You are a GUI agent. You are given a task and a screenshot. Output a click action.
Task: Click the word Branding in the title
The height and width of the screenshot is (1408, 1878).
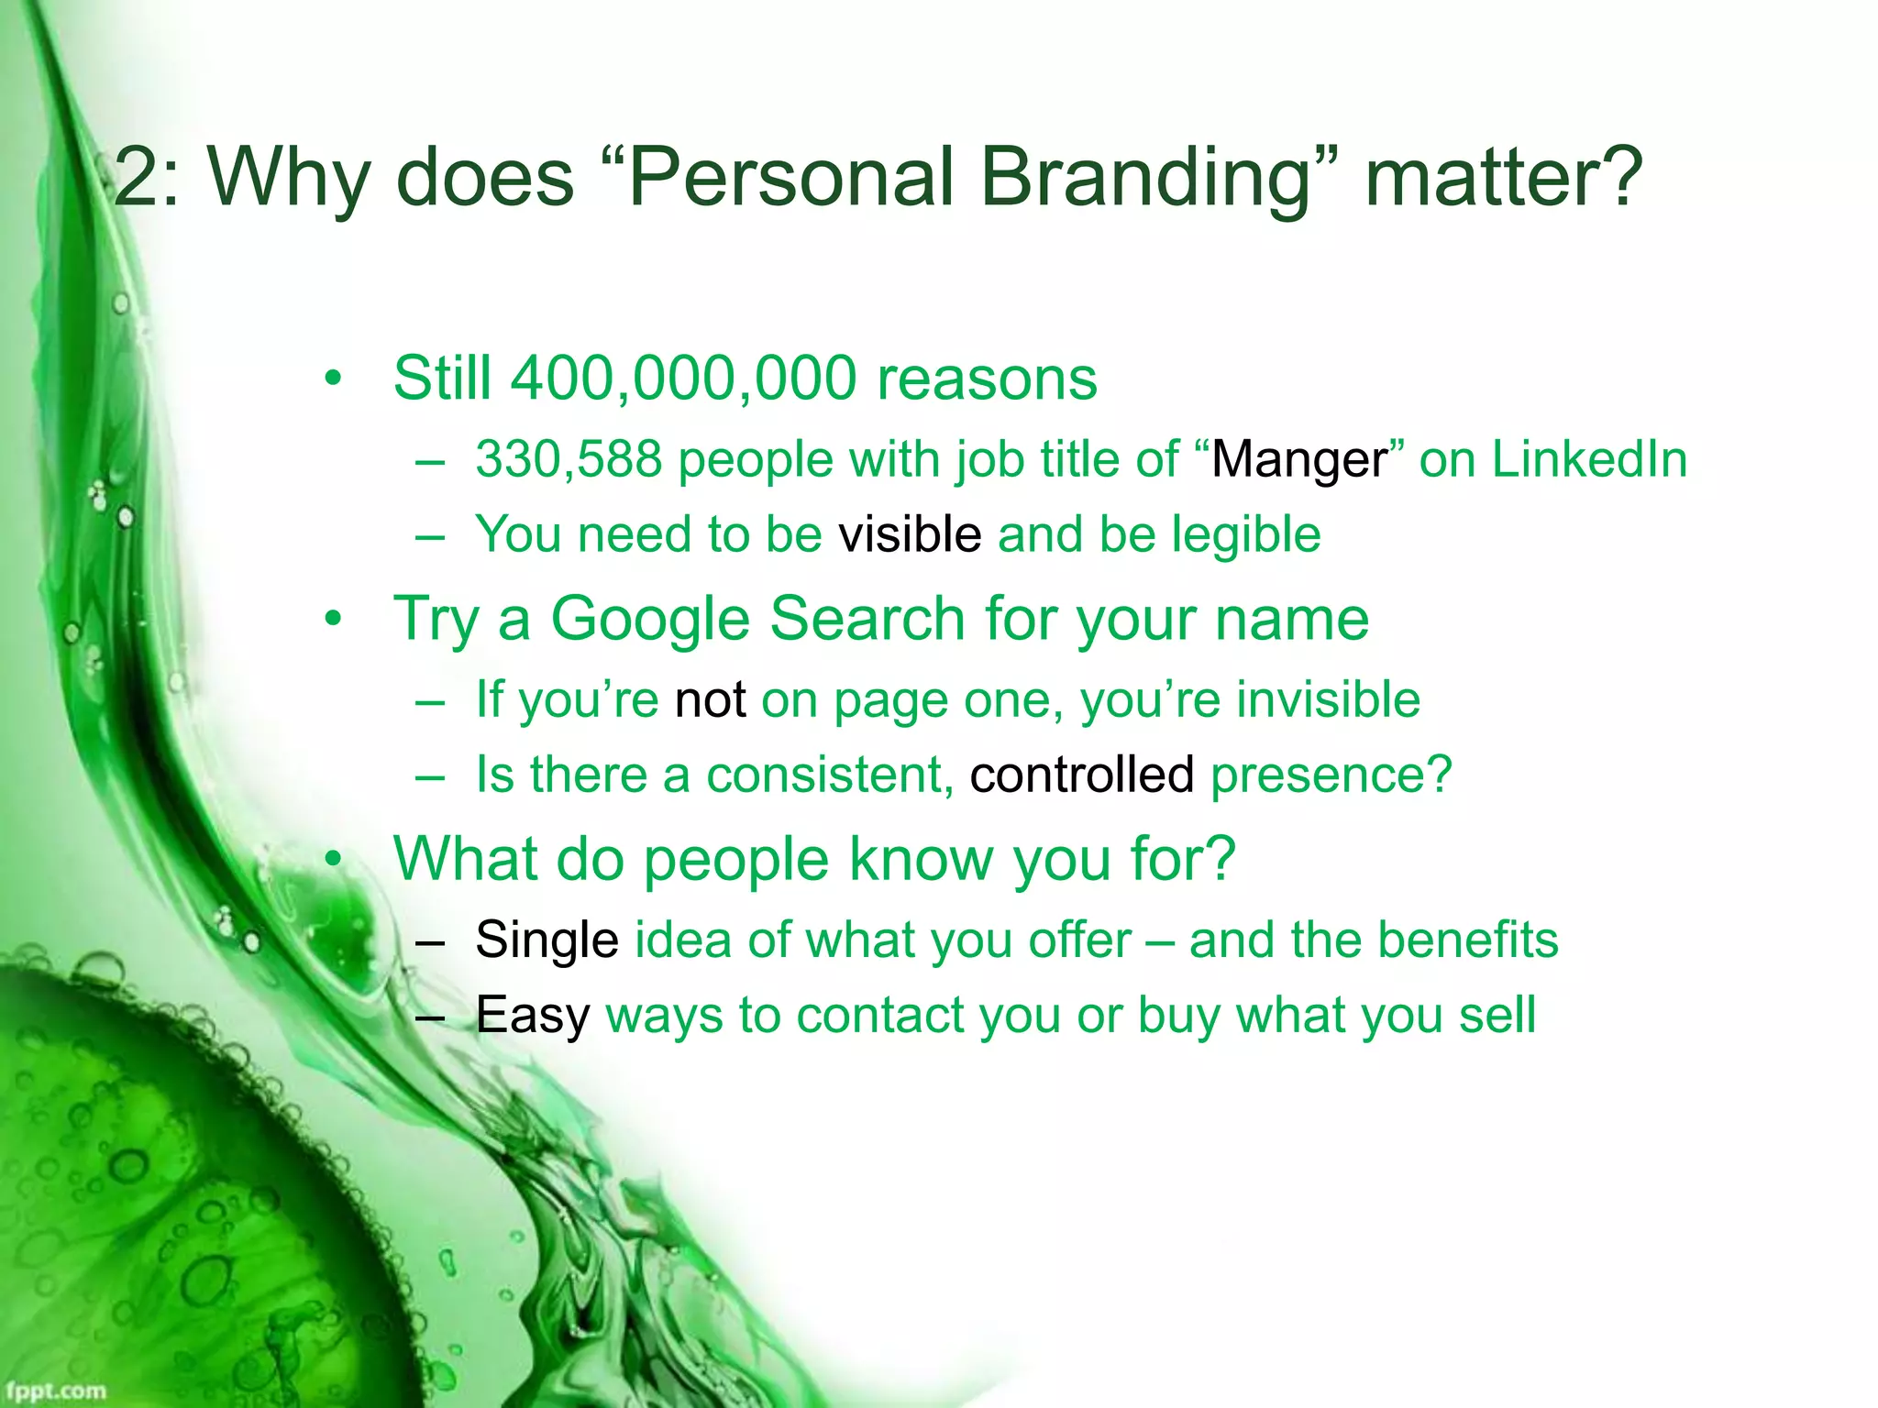[1146, 179]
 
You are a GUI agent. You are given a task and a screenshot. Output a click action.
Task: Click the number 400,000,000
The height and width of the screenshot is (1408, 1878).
[683, 378]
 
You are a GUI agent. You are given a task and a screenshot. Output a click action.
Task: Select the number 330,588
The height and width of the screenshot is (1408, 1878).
[569, 459]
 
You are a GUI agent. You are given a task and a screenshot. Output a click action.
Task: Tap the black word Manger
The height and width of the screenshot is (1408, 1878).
[1299, 460]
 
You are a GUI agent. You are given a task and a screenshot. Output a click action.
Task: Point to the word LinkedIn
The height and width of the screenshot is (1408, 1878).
[1589, 459]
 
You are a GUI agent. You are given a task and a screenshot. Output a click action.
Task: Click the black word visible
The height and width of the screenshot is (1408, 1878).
[910, 534]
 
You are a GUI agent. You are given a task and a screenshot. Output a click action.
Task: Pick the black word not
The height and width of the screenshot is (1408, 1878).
[710, 700]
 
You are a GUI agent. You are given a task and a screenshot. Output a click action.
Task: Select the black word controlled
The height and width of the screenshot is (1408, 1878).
[1082, 775]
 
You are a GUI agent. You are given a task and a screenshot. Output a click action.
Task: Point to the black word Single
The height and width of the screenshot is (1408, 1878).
[547, 941]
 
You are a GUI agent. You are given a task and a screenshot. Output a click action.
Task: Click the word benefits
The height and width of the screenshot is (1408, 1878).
[1464, 940]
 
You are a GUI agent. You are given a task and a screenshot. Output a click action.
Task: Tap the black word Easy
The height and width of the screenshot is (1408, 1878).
[532, 1017]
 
